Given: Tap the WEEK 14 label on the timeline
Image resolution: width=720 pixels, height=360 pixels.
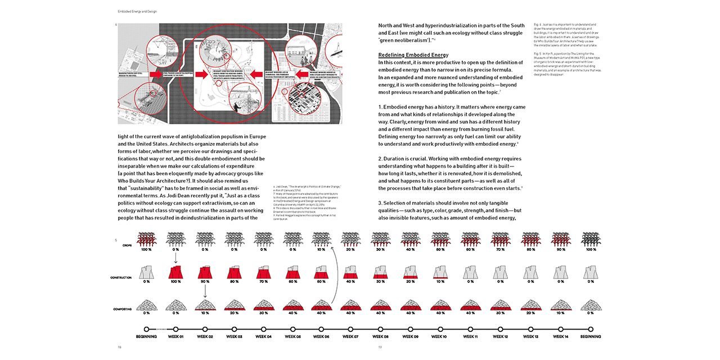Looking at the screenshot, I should [x=561, y=336].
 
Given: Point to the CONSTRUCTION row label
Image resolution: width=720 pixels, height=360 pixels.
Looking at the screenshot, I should [x=121, y=278].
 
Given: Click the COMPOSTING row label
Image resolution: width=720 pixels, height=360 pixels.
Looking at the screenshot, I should [x=123, y=309].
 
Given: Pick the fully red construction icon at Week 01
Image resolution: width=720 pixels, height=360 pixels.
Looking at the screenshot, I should [x=175, y=272].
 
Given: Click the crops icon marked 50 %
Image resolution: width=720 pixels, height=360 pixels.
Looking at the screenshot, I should [x=439, y=240].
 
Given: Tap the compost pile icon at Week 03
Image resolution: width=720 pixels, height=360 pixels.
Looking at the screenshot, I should [x=234, y=305].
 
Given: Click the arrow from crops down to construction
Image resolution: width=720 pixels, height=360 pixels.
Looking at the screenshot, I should [x=175, y=258].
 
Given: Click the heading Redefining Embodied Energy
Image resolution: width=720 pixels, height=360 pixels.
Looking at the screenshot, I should [x=413, y=55].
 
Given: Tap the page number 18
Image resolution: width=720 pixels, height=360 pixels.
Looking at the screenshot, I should [x=119, y=347].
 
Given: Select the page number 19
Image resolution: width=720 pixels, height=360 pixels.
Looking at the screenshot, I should [x=380, y=347].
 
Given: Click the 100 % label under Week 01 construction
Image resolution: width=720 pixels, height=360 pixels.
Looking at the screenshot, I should [x=175, y=281].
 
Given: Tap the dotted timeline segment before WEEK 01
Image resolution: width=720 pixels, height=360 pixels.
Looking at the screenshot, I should [x=161, y=329].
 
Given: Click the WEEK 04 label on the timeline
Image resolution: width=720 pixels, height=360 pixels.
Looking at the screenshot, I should [x=263, y=336].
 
